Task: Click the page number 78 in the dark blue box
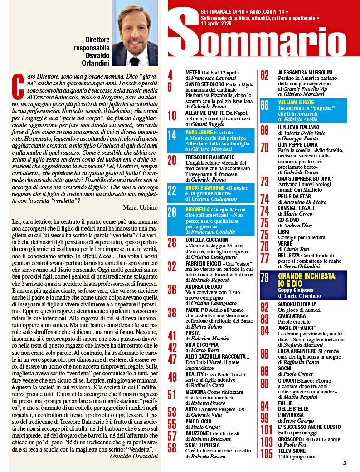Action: [x=264, y=279]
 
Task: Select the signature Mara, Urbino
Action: [x=140, y=207]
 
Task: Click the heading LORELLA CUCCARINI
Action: [x=209, y=239]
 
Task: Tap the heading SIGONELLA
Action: [x=201, y=210]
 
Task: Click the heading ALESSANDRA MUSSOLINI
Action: [x=305, y=72]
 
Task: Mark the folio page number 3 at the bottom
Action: [x=345, y=463]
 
